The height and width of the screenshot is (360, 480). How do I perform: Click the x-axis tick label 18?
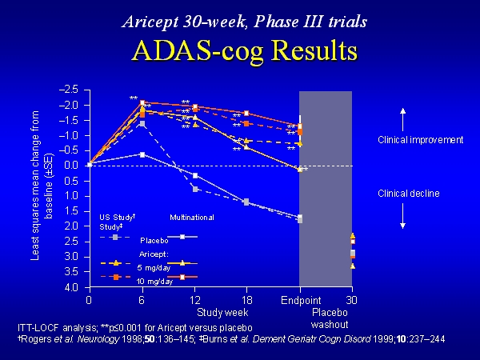tap(246, 301)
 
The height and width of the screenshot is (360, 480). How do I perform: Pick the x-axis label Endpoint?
tap(299, 301)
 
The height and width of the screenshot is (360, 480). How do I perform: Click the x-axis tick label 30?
tap(351, 301)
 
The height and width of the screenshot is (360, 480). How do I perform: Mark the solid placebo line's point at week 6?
tap(142, 154)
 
